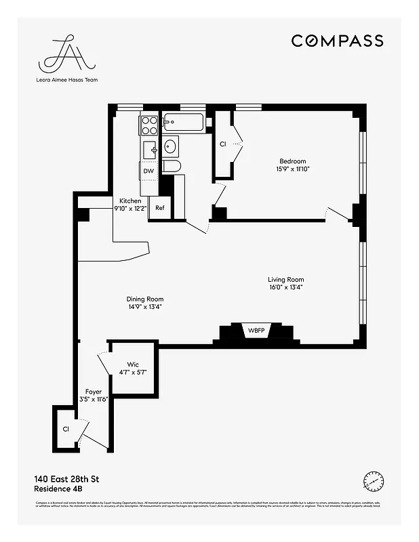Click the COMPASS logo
tap(337, 41)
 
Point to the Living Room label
tap(285, 279)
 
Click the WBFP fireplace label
tap(256, 331)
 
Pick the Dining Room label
tap(145, 299)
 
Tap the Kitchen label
tap(130, 201)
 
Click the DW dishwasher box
tap(148, 171)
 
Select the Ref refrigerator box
tap(160, 207)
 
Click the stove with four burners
tap(149, 125)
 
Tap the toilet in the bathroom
tap(172, 167)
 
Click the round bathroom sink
tap(170, 146)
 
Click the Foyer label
tap(94, 392)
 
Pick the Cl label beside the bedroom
tap(222, 144)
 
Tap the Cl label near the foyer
tap(66, 429)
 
